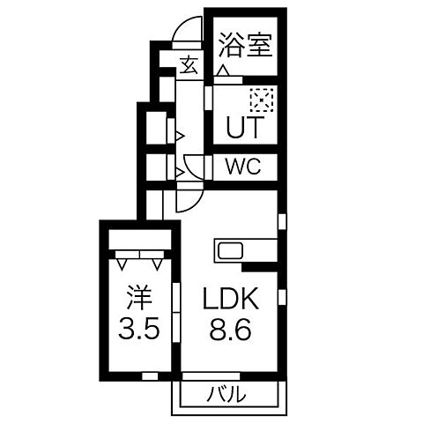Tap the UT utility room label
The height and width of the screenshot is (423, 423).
click(244, 128)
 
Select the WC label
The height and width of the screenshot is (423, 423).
click(244, 167)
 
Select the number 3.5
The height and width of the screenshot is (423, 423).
click(140, 331)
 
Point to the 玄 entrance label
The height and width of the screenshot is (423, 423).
click(189, 64)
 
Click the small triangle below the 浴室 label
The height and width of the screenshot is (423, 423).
click(225, 70)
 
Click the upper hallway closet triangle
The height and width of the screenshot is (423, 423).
click(179, 136)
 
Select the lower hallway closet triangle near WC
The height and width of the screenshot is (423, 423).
click(179, 172)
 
